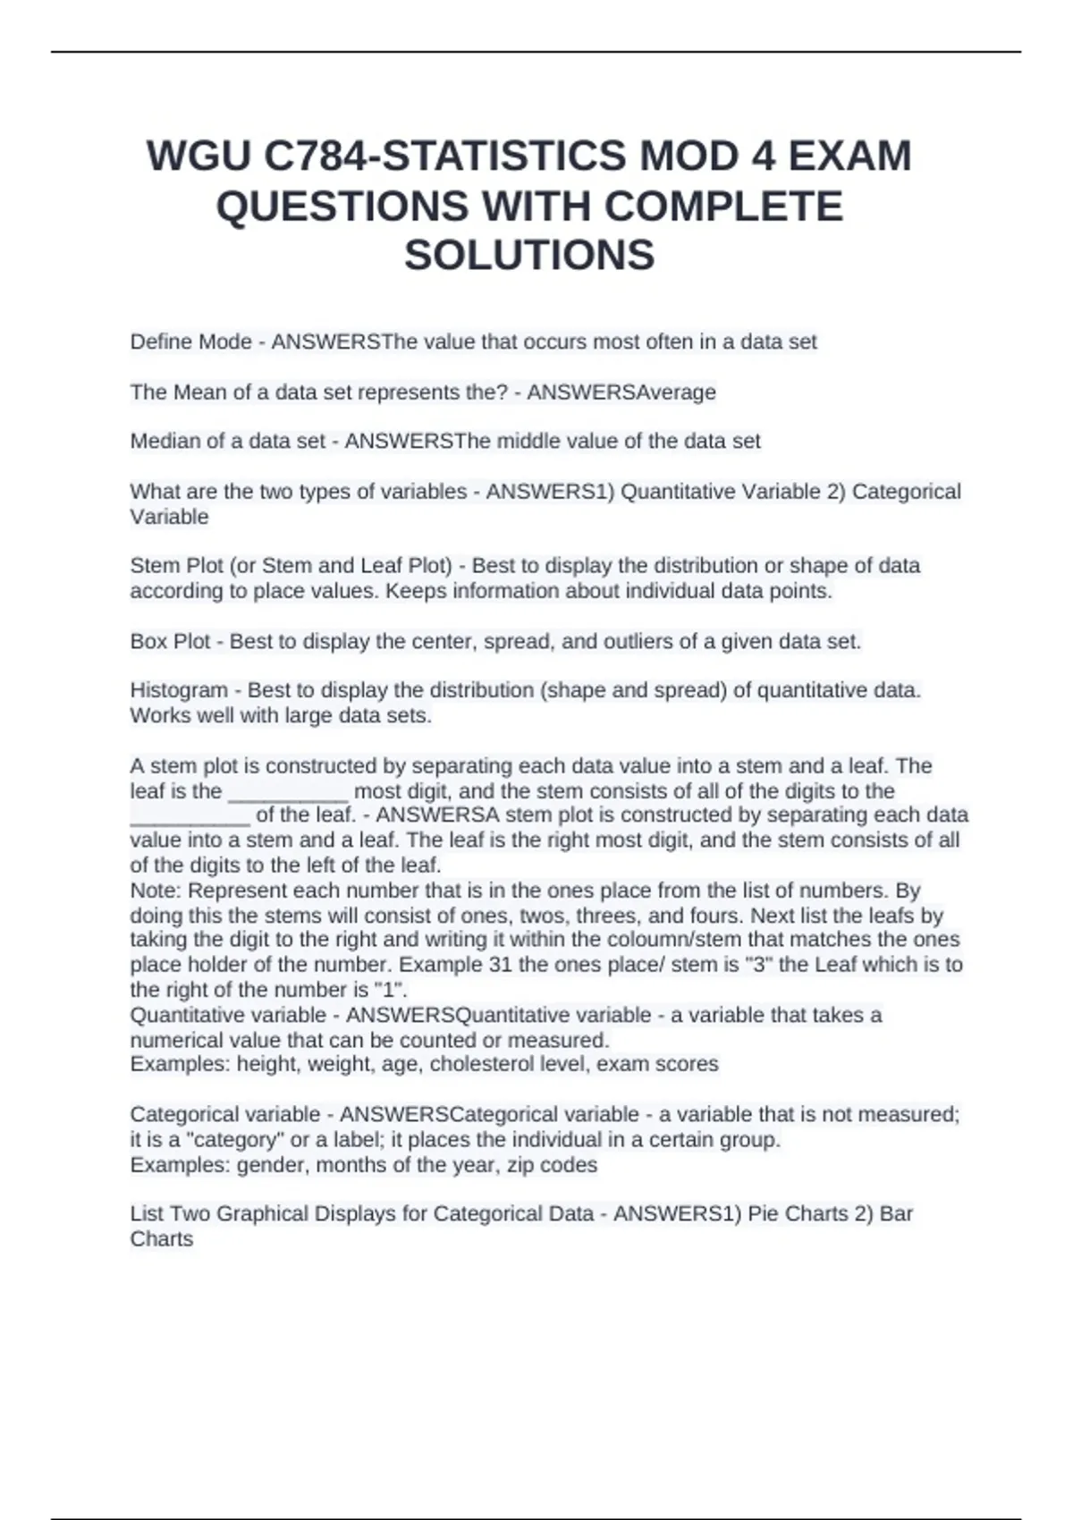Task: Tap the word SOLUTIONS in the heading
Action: pos(529,256)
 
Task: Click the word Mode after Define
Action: pos(224,342)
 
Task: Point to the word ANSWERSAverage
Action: pos(621,392)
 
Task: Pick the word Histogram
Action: pos(179,690)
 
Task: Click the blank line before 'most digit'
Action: pos(288,791)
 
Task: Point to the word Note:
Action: pos(156,891)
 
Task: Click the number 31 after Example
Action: pos(500,965)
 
